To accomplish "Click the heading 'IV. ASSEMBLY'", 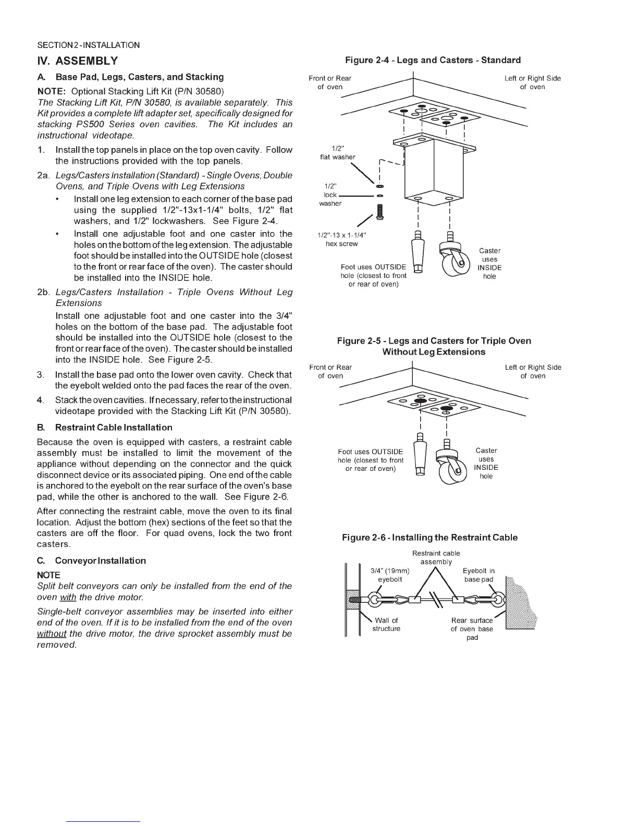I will [x=78, y=60].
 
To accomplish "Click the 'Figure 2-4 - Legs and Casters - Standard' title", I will [x=433, y=60].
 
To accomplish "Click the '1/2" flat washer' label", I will [x=337, y=153].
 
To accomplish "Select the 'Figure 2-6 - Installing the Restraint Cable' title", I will [x=430, y=537].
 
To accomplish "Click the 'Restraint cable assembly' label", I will [x=436, y=557].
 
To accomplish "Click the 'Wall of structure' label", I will [x=386, y=624].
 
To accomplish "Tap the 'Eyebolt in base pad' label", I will [x=479, y=575].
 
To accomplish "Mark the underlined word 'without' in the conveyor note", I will [x=51, y=634].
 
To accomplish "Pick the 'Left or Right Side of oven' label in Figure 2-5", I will [x=533, y=371].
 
